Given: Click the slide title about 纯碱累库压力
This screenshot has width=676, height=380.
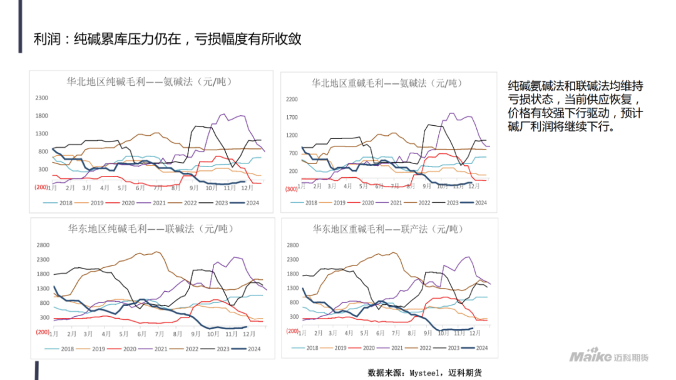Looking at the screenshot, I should pos(168,39).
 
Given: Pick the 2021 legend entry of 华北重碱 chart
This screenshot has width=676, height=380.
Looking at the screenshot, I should pos(390,202).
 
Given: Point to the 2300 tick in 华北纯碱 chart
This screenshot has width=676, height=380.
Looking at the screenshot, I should pos(41,98).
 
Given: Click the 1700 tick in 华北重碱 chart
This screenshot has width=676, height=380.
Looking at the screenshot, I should pos(292,117).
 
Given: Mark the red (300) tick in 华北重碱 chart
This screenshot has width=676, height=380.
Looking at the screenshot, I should pos(291,189).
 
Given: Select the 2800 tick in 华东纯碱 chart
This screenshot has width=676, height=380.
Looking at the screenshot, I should pos(43,245).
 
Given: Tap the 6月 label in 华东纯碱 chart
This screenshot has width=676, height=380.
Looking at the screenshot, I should pos(141,334).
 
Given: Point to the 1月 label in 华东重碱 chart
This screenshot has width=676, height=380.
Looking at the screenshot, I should pos(302,334).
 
